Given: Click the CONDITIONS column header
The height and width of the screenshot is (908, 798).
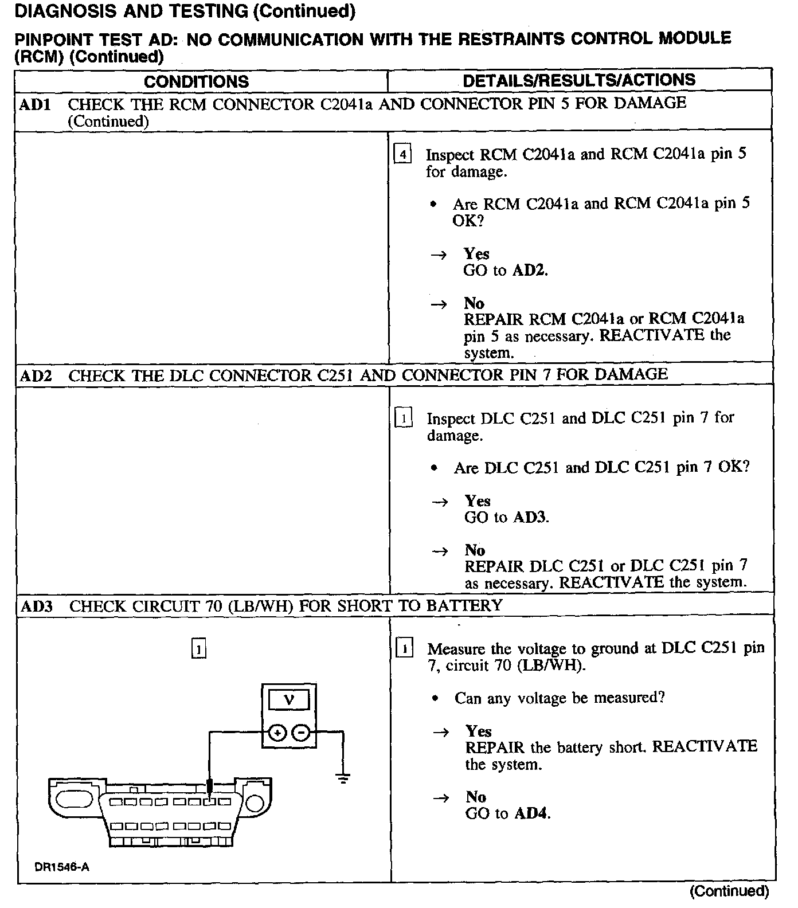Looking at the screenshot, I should tap(196, 81).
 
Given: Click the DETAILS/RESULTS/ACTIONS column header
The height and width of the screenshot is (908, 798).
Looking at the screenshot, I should tap(579, 80).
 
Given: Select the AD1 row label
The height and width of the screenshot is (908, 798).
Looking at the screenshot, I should tap(35, 104).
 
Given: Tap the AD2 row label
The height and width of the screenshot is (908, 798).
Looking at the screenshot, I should tap(36, 376).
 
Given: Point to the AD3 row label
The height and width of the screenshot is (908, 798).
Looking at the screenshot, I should tap(36, 606).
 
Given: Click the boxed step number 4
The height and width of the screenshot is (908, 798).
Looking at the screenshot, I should tap(403, 155).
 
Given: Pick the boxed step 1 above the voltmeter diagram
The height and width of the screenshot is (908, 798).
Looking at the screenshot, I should tap(198, 649).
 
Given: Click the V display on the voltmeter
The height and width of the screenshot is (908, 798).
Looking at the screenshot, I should tap(289, 699).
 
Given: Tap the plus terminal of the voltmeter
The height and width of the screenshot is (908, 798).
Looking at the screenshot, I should tap(277, 733).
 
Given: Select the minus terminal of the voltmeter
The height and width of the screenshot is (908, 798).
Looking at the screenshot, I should tap(301, 733).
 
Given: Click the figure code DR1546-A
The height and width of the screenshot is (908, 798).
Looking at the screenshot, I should tap(62, 867).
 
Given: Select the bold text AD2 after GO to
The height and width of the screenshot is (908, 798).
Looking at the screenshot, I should tap(529, 271).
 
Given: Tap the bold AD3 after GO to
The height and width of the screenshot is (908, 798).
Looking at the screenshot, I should tap(530, 518).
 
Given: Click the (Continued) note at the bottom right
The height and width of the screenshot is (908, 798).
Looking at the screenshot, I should tap(729, 891).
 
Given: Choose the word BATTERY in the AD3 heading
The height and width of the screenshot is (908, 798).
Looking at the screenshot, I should tap(464, 605).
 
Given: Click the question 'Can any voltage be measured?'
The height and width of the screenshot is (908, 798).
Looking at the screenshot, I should tap(560, 698).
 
